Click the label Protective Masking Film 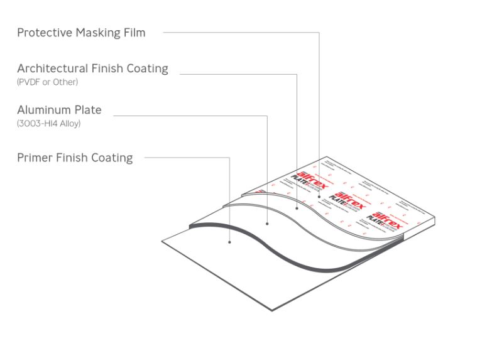[x=81, y=33]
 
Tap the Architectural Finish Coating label [x=92, y=68]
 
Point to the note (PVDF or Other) [x=48, y=82]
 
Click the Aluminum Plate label [x=59, y=110]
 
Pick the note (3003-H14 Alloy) [x=49, y=124]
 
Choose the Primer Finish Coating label [x=75, y=158]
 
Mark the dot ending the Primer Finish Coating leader [x=229, y=242]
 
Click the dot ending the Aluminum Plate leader [x=268, y=223]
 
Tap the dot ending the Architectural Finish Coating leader [x=297, y=208]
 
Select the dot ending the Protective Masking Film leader [x=319, y=197]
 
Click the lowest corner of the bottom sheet [x=272, y=310]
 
